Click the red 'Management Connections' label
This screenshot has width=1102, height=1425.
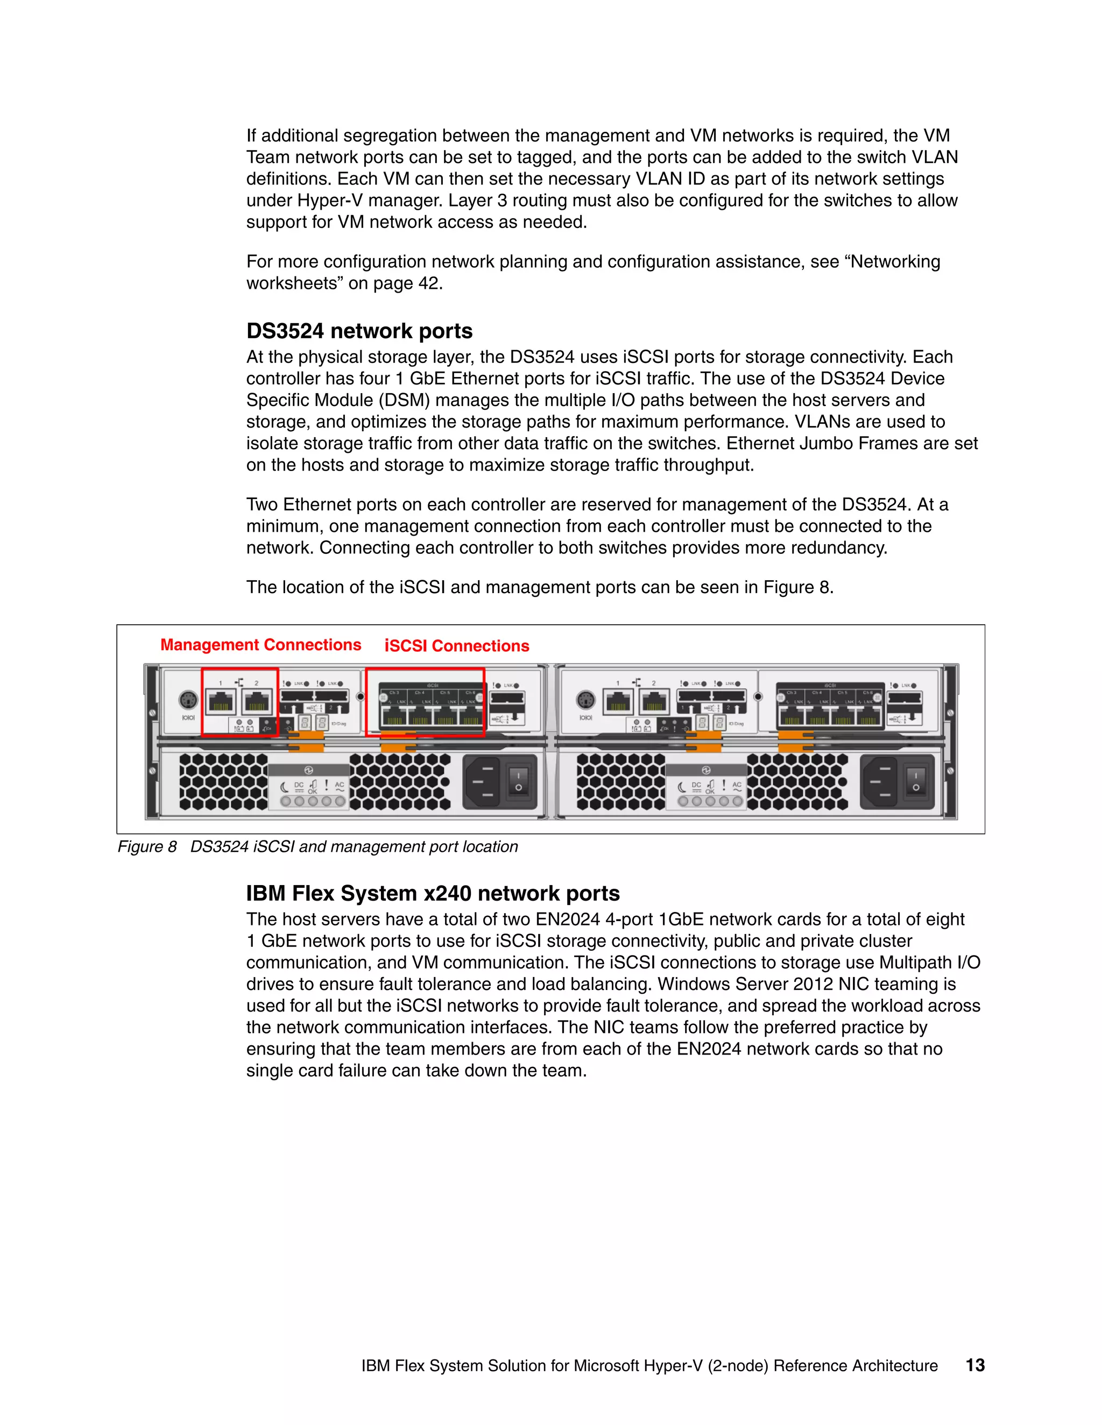(260, 645)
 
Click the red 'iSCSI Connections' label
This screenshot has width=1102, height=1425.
(456, 646)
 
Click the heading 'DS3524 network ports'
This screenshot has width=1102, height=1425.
(359, 331)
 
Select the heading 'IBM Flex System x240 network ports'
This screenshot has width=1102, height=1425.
(432, 893)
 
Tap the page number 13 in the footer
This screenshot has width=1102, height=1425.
(974, 1365)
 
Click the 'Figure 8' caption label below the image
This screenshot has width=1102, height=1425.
(147, 846)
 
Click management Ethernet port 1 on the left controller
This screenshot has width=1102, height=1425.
(221, 703)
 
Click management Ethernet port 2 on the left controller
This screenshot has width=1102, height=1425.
(257, 703)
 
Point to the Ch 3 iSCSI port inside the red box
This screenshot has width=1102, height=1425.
(394, 716)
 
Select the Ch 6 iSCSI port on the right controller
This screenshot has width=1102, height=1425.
(867, 716)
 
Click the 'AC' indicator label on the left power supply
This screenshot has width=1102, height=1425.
(340, 785)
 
